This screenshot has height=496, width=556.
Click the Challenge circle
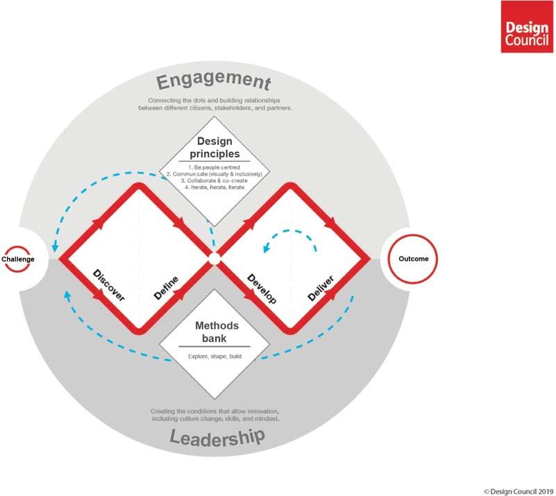(18, 259)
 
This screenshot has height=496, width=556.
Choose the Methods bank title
(214, 332)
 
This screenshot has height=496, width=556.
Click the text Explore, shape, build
(214, 356)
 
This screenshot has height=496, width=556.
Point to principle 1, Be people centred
(214, 169)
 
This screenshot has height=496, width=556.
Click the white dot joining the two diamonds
(214, 259)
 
